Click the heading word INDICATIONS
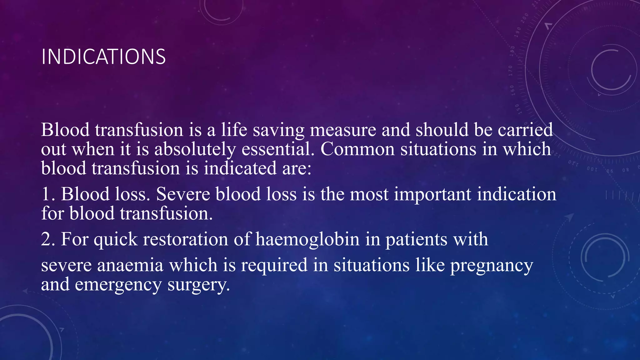coord(103,57)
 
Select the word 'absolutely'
coord(195,149)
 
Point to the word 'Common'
coord(357,149)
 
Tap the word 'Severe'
coord(183,194)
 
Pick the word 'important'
coord(432,194)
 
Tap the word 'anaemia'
coord(130,265)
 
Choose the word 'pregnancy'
coord(492,266)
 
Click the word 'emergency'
coord(118,285)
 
